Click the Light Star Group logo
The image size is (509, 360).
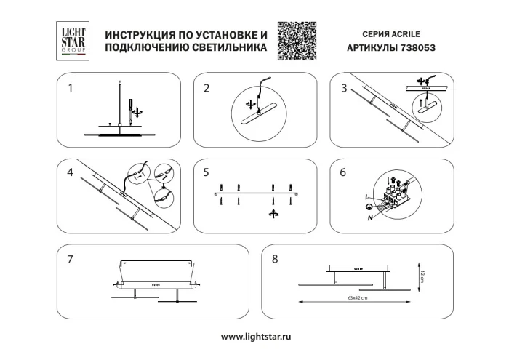71,40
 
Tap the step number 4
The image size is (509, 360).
71,173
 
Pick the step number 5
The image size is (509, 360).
207,173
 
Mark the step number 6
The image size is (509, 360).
344,173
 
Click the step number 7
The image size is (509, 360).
71,259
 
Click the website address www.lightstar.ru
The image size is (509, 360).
254,336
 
